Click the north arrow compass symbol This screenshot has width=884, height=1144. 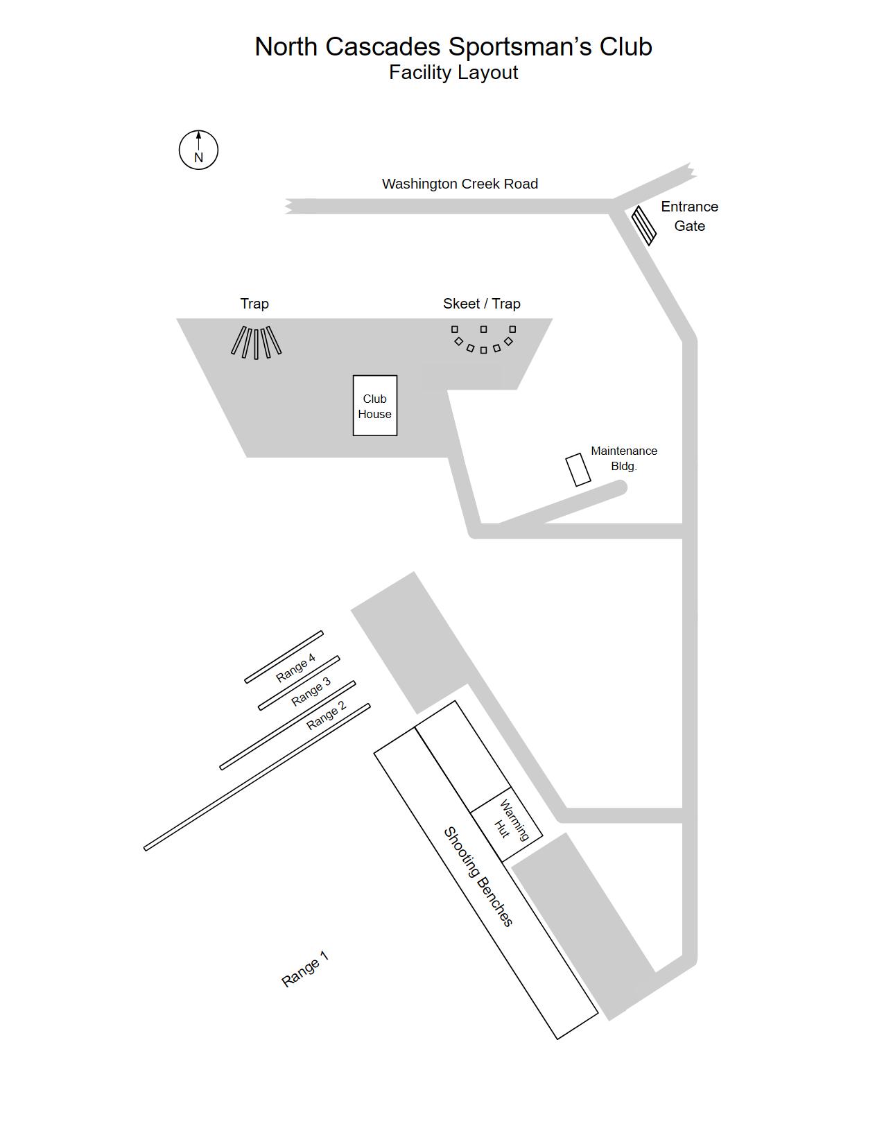click(x=198, y=150)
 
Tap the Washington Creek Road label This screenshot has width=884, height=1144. click(x=460, y=184)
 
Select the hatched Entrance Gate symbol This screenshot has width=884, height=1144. click(x=644, y=225)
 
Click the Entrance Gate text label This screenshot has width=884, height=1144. click(x=689, y=216)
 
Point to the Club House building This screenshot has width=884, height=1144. click(x=374, y=406)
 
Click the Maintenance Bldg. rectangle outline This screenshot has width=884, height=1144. click(x=578, y=470)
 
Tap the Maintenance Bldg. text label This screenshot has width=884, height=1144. click(x=624, y=458)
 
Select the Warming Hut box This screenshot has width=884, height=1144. click(x=507, y=824)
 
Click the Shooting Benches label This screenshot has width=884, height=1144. click(x=479, y=876)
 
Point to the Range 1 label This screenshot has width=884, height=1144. click(x=305, y=969)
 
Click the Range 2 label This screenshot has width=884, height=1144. click(x=326, y=716)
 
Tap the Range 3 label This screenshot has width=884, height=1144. click(x=311, y=691)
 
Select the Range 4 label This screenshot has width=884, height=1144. click(x=295, y=667)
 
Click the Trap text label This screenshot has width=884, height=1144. click(x=254, y=304)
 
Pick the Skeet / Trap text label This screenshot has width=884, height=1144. click(x=482, y=304)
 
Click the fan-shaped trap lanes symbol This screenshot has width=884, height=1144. click(x=256, y=343)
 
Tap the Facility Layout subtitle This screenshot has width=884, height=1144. click(x=453, y=72)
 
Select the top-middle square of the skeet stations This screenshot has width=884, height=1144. click(x=484, y=329)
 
